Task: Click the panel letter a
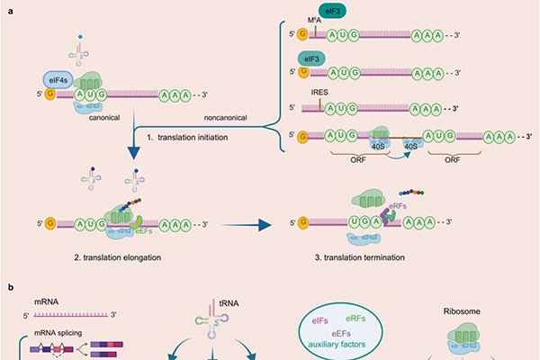[9, 7]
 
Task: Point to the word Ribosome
[461, 311]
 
